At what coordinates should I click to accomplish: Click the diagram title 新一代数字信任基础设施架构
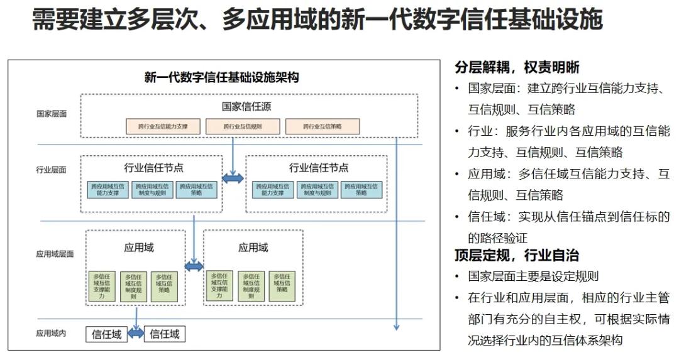tap(221, 77)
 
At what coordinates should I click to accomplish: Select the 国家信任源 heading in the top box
tap(246, 107)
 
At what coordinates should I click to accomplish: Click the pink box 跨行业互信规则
tap(242, 126)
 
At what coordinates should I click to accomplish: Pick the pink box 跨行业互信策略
tap(323, 126)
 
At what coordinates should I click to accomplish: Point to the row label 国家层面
tap(51, 114)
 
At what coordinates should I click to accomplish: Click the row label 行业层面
tap(51, 170)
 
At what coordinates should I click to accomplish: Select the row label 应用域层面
tap(55, 254)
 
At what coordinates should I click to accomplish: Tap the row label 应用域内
tap(51, 334)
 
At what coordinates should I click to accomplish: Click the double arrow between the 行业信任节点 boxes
tap(233, 179)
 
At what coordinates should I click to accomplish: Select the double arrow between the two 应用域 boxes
tap(194, 266)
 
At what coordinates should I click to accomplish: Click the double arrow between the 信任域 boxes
tap(136, 334)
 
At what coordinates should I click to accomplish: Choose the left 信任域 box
tap(107, 334)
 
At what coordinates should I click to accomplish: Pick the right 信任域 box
tap(165, 334)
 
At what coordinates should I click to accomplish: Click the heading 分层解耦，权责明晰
tap(517, 67)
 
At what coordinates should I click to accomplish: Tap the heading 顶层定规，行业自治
tap(517, 256)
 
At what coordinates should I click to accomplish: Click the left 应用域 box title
tap(138, 248)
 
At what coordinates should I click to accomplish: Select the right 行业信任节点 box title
tap(319, 168)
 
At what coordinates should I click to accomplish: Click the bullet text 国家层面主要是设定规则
tap(533, 276)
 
